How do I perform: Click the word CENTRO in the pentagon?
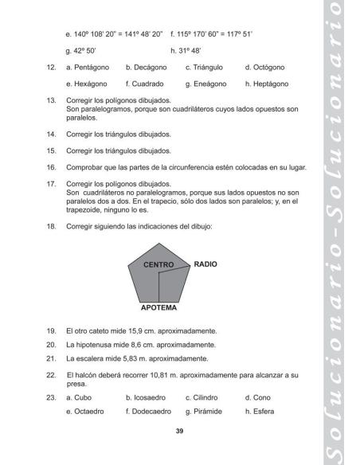158,264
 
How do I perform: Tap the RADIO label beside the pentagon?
205,263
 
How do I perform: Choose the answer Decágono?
149,68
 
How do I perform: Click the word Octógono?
268,68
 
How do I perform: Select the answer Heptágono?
271,84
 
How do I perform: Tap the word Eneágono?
209,84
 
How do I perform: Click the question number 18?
50,227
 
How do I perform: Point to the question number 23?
50,397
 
